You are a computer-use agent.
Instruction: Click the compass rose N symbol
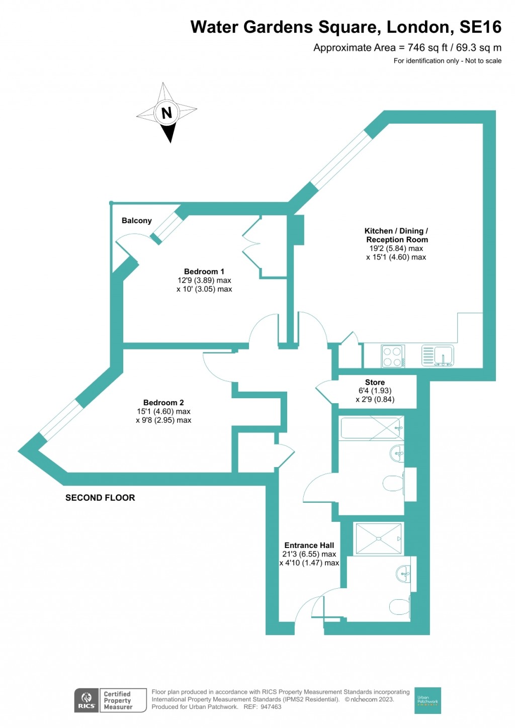click(x=166, y=113)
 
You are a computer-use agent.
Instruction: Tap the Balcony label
click(x=136, y=221)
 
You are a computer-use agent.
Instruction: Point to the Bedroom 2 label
click(x=163, y=403)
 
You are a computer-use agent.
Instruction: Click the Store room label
click(x=375, y=383)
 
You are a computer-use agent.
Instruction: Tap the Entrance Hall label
click(x=309, y=545)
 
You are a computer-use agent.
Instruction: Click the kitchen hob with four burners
click(x=392, y=356)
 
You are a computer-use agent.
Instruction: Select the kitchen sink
click(x=438, y=355)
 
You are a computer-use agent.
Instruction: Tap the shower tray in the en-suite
click(x=379, y=538)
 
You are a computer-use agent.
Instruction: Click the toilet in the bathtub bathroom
click(x=393, y=484)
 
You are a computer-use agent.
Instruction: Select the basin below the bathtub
click(x=397, y=454)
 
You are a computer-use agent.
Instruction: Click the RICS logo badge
click(x=86, y=700)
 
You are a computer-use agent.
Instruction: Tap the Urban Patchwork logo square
click(x=427, y=700)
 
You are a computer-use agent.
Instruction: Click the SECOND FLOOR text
click(x=100, y=498)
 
